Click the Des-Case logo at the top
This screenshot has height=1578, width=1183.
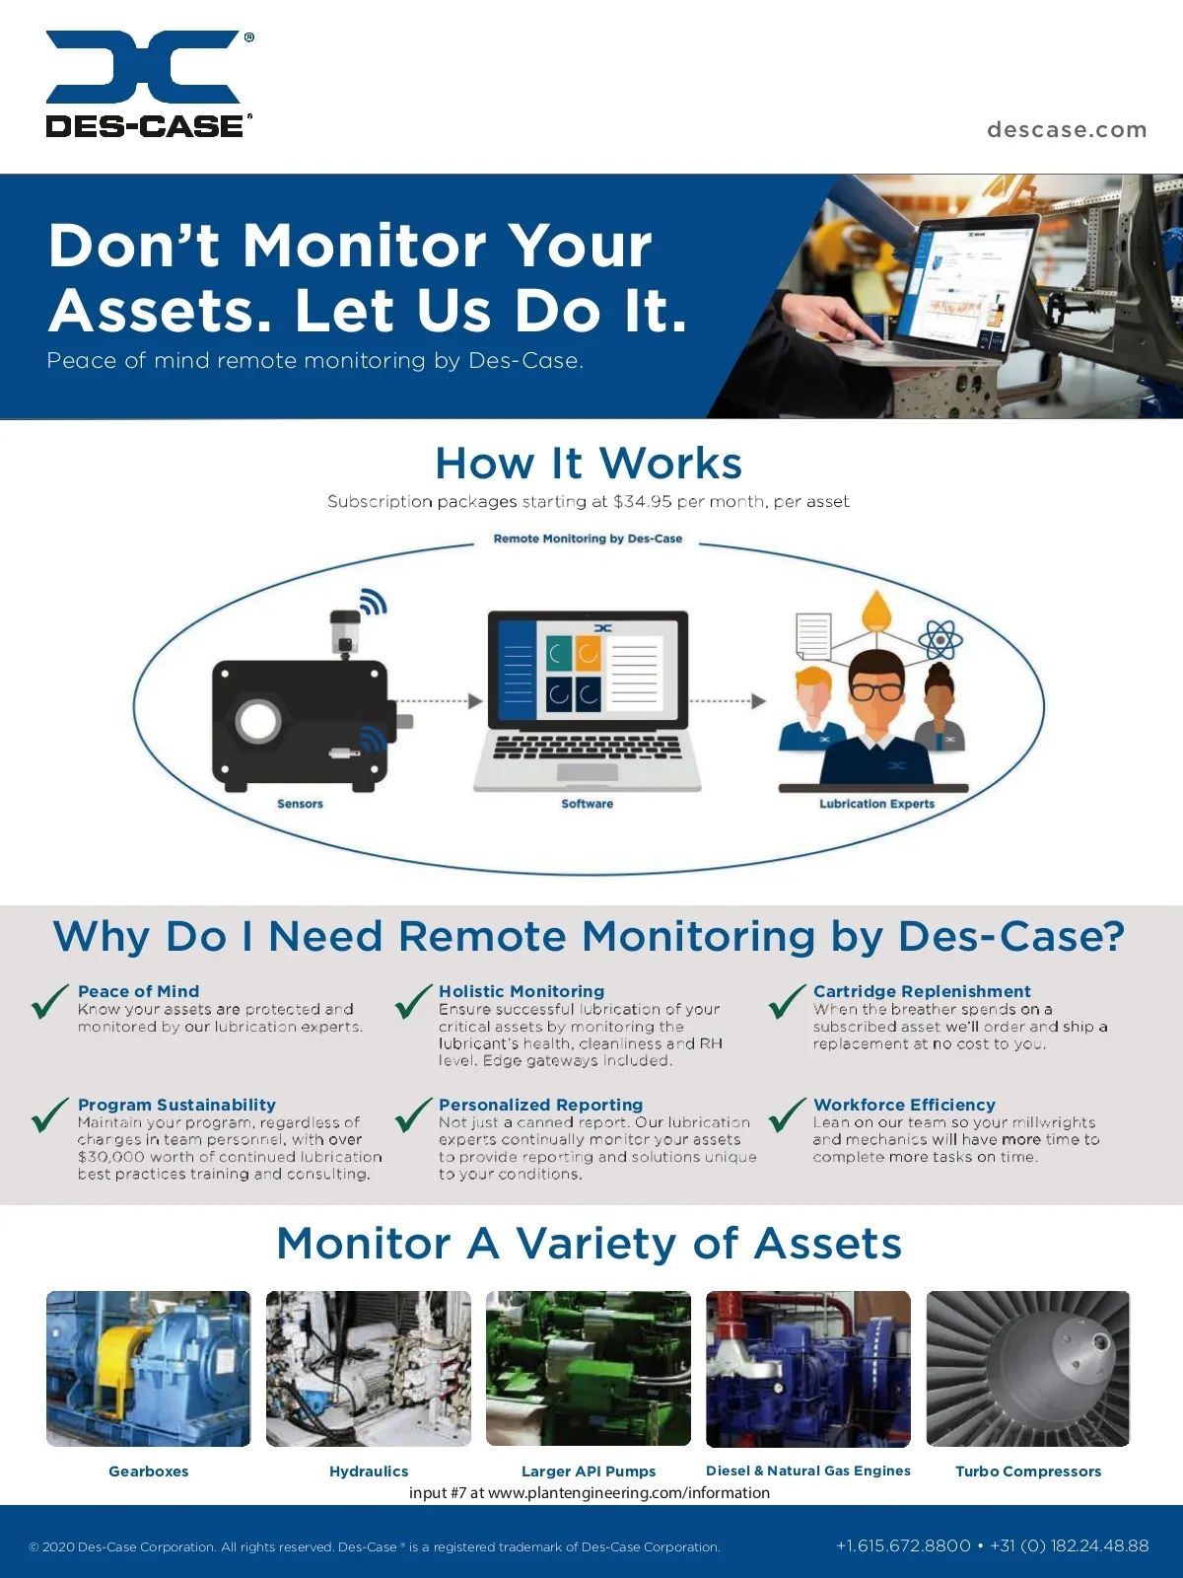pyautogui.click(x=150, y=84)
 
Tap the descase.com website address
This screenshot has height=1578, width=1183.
pyautogui.click(x=1067, y=129)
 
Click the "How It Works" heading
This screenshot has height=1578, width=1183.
pyautogui.click(x=589, y=463)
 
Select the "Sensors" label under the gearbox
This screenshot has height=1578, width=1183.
pyautogui.click(x=301, y=804)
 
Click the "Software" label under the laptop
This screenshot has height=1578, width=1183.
pyautogui.click(x=587, y=804)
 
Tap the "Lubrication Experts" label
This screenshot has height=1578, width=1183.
pyautogui.click(x=877, y=804)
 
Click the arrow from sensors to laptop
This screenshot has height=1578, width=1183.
pyautogui.click(x=438, y=701)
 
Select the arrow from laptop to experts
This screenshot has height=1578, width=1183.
pyautogui.click(x=727, y=701)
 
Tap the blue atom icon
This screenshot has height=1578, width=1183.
pyautogui.click(x=940, y=639)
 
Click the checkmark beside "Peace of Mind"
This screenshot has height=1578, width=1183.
pyautogui.click(x=49, y=1001)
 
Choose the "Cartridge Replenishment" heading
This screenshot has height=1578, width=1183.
pyautogui.click(x=922, y=991)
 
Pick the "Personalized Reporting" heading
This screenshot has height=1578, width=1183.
pyautogui.click(x=541, y=1105)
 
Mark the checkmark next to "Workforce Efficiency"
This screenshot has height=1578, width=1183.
pyautogui.click(x=788, y=1115)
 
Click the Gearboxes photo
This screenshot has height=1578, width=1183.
pyautogui.click(x=149, y=1369)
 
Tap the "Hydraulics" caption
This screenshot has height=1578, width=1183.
pyautogui.click(x=369, y=1471)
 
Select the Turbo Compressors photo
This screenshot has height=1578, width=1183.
pyautogui.click(x=1028, y=1369)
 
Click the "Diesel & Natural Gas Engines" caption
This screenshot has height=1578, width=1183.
pyautogui.click(x=808, y=1470)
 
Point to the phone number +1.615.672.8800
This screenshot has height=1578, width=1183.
pyautogui.click(x=903, y=1546)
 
